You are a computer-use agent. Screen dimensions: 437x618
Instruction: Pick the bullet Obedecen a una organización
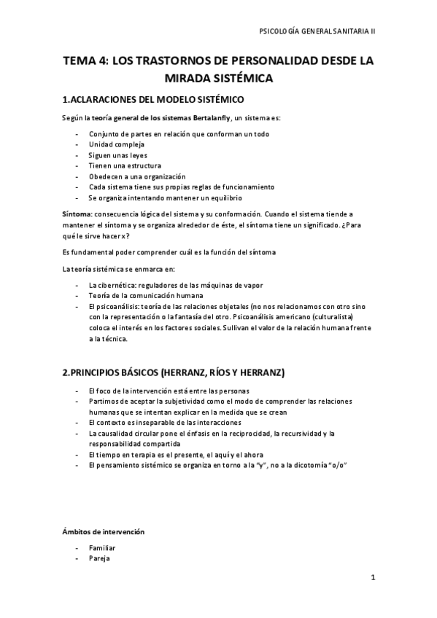point(137,176)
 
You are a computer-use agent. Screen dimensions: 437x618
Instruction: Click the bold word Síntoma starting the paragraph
point(77,214)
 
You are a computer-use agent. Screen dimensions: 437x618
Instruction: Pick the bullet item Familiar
point(102,547)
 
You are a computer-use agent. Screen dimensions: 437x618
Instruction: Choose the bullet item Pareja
point(100,558)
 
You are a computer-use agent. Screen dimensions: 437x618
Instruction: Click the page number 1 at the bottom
point(372,579)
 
